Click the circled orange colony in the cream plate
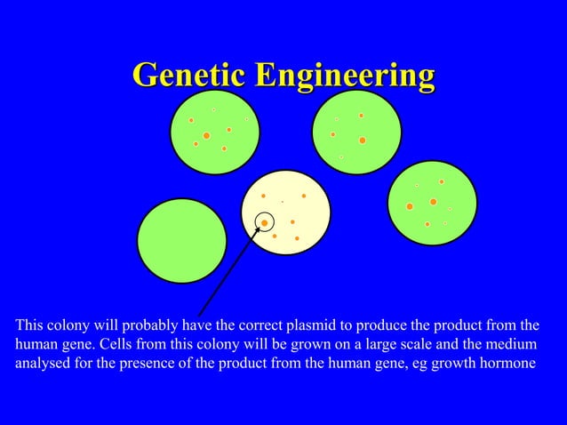click(264, 222)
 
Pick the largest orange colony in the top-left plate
click(206, 135)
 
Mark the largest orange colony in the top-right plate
click(362, 140)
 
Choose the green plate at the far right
click(433, 204)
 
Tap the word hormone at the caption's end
click(509, 363)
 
